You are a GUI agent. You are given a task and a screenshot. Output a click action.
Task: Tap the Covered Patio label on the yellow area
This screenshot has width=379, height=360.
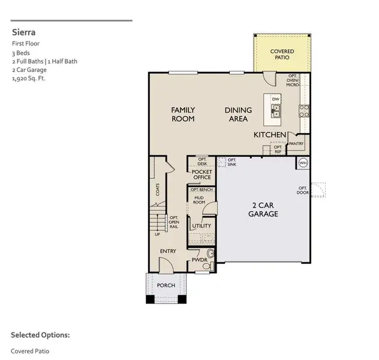click(282, 55)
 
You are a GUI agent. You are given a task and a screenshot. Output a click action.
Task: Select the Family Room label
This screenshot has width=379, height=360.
click(183, 114)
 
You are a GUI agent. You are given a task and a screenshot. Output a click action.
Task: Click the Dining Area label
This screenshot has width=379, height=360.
click(238, 114)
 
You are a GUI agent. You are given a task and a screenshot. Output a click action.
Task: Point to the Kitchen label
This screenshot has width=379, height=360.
click(269, 135)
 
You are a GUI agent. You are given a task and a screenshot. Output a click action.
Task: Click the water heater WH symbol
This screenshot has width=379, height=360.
click(303, 162)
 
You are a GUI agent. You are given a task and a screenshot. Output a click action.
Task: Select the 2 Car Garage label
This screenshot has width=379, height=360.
click(263, 210)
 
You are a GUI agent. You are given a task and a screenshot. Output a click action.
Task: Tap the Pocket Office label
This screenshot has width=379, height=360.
click(201, 175)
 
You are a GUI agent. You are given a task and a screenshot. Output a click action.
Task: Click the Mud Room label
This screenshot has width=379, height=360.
click(198, 200)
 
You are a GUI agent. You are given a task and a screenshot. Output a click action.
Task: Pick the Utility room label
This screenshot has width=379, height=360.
click(201, 226)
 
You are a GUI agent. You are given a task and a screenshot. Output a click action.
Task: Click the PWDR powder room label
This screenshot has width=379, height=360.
click(199, 260)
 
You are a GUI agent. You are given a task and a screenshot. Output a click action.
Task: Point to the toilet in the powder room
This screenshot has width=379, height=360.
click(207, 265)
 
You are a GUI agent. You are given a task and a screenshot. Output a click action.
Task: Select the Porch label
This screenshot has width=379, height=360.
click(166, 286)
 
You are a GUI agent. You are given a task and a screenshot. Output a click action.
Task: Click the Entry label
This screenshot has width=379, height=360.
click(168, 251)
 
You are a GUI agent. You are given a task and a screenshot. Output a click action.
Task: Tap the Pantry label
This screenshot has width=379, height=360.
click(296, 144)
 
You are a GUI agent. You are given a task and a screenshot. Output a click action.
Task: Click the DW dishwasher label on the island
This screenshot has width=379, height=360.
click(275, 99)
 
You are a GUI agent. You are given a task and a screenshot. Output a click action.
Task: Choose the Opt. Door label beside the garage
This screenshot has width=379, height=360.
click(303, 190)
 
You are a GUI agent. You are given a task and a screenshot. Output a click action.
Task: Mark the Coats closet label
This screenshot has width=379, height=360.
click(158, 190)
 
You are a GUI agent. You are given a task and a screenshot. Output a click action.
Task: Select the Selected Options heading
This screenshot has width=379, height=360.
click(40, 335)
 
